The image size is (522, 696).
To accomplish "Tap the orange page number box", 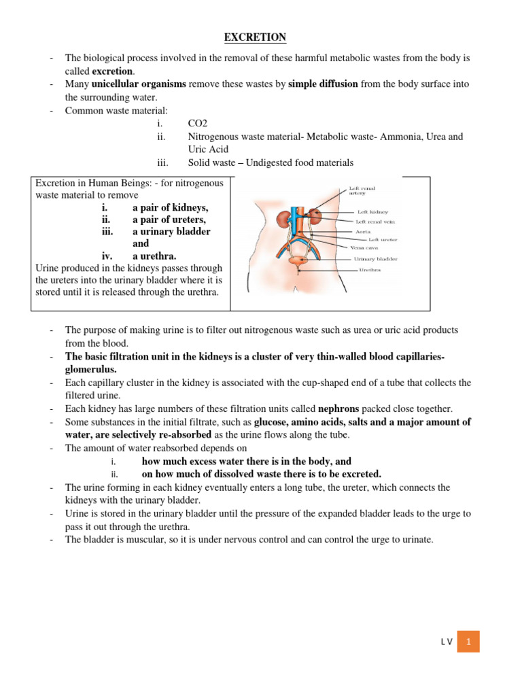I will [468, 642].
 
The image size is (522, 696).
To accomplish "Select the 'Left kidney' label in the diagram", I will [372, 212].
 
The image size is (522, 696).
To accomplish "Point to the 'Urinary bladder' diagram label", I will [376, 259].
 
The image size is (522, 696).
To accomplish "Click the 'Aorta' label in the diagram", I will [364, 231].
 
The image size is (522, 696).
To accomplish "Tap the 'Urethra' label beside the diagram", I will [370, 270].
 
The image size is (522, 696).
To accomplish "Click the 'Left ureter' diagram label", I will [383, 240].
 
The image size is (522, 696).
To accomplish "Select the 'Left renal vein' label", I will [376, 222].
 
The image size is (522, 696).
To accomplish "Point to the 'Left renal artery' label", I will [362, 191].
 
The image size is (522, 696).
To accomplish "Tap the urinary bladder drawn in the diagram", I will [297, 260].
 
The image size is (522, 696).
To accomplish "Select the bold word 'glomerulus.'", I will [91, 369].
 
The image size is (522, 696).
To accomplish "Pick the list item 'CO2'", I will [198, 123].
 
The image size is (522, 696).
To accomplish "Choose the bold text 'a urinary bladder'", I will [171, 232].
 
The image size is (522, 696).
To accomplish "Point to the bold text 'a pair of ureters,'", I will [169, 220].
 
